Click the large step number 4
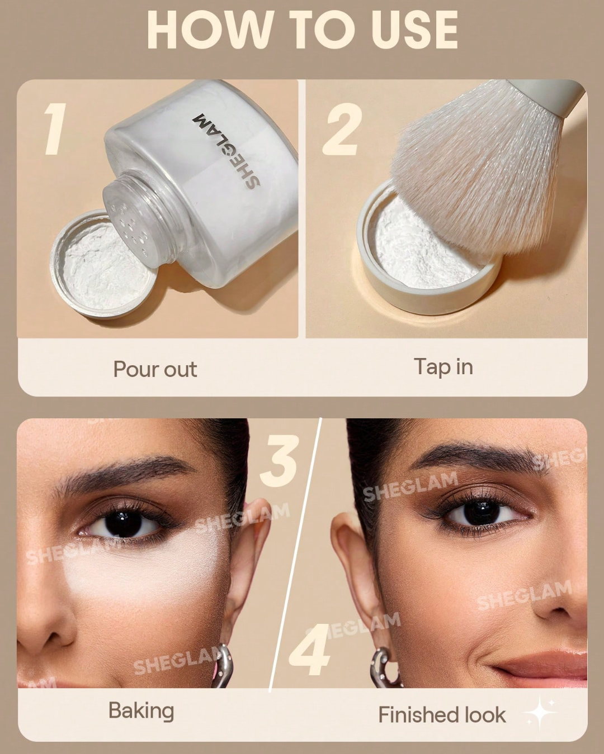[x=311, y=651]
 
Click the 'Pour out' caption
[x=155, y=369]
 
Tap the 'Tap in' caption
[x=443, y=367]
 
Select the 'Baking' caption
[x=141, y=710]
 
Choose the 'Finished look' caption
[x=442, y=715]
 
